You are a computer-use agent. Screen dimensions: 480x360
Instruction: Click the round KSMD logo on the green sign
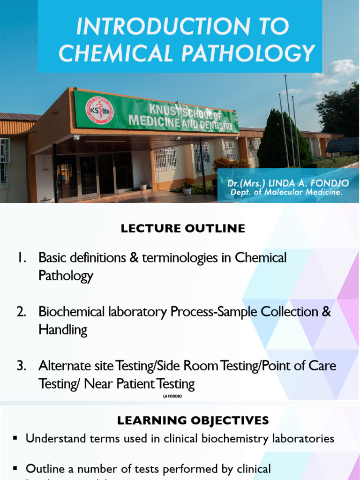(99, 110)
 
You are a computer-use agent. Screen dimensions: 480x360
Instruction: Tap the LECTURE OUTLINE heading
(183, 228)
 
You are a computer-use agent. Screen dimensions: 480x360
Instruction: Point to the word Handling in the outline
(63, 330)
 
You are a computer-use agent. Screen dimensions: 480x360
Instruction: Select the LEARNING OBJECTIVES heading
(193, 420)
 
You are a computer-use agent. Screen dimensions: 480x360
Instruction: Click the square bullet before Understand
(15, 438)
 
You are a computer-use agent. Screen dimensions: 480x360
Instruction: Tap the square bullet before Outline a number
(15, 468)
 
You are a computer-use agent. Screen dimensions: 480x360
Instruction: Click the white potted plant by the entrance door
(143, 186)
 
